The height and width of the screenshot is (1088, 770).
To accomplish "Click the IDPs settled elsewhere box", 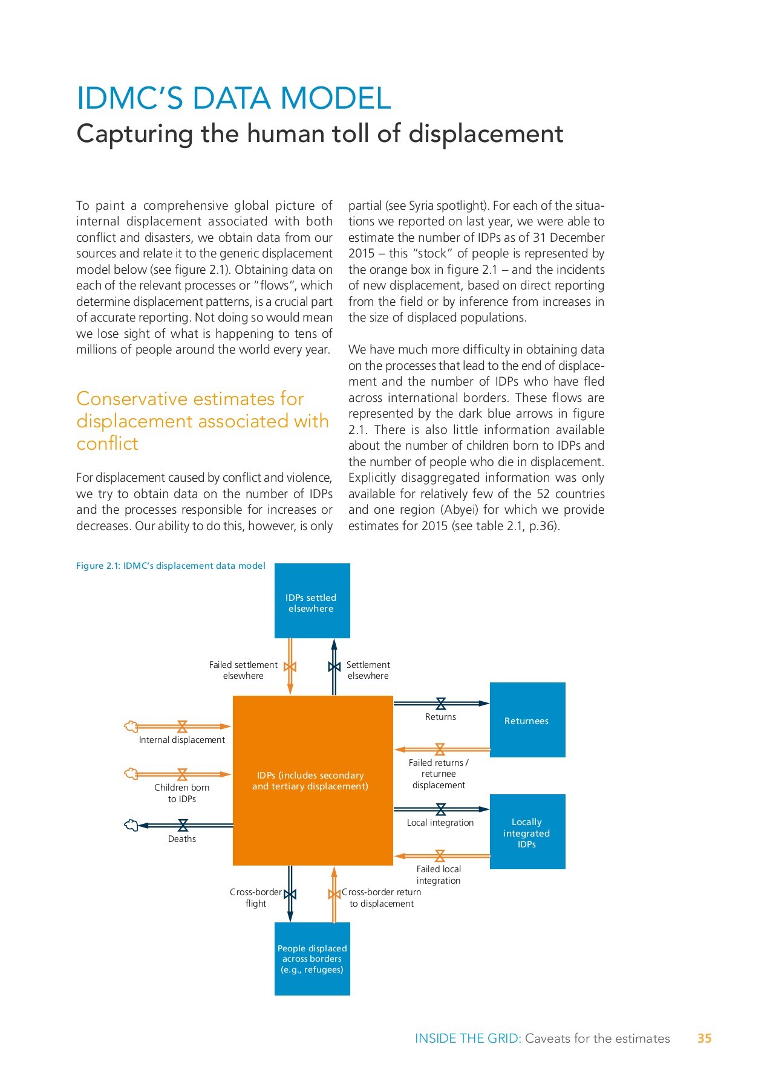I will pos(312,601).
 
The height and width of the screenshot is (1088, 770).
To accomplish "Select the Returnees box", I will pos(527,720).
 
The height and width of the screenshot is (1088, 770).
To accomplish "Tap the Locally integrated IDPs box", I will pos(527,832).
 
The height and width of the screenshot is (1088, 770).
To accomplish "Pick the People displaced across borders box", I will pos(312,959).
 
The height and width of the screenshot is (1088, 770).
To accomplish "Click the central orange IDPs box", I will pos(313,780).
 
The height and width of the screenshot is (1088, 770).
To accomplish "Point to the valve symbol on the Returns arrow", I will pos(441,704).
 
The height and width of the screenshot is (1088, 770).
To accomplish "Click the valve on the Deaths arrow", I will pos(183,825).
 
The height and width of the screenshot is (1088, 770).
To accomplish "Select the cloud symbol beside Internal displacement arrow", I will pos(131,726).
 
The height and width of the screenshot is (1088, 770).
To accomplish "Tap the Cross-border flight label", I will pos(255,898).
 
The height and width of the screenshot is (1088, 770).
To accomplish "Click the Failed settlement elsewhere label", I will pos(243,670).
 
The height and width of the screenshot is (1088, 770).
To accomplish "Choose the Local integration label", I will pos(440,823).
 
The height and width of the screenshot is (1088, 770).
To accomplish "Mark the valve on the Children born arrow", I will pos(182,774).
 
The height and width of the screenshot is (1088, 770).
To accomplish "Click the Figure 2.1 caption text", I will pos(171,566).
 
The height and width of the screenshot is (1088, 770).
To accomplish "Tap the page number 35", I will pos(704,1038).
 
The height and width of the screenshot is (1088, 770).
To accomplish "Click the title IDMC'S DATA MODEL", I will pos(233,99).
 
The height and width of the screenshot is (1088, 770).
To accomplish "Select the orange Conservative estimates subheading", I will pos(202,421).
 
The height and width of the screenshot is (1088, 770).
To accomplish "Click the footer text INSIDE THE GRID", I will pos(467,1038).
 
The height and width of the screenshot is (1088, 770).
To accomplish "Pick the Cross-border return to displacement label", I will pos(381,898).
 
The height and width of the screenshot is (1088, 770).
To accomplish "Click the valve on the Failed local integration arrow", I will pos(440,856).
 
